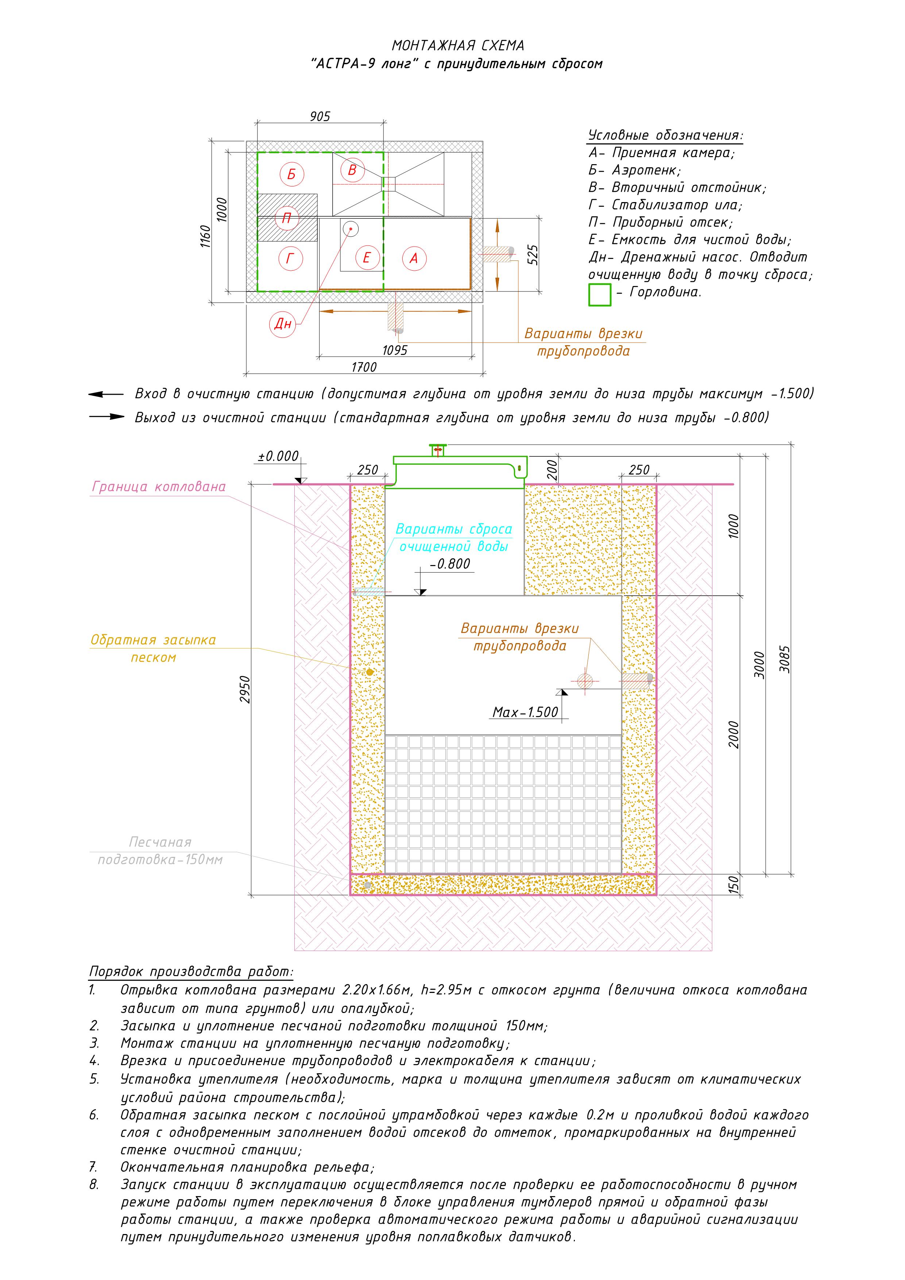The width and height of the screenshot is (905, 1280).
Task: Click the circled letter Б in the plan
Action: point(291,174)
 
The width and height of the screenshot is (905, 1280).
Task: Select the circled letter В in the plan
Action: point(352,170)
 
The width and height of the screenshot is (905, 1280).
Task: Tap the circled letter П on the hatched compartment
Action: point(287,218)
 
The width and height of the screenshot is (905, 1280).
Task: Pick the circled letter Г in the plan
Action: point(290,259)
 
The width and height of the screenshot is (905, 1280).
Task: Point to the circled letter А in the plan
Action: point(414,258)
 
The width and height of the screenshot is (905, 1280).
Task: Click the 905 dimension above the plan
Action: point(320,116)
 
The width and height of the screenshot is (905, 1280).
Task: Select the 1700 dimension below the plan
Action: point(364,367)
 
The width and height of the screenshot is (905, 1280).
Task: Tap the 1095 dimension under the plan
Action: point(394,351)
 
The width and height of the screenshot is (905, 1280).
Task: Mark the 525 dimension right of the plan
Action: point(533,255)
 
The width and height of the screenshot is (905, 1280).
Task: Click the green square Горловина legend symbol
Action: point(599,294)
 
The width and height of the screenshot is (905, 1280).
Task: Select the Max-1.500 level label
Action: point(525,712)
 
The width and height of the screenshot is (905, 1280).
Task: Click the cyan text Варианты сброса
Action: point(453,529)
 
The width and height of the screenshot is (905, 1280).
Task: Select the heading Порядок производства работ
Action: point(191,972)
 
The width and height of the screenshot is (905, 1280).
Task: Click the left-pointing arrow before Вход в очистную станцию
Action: point(105,395)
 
